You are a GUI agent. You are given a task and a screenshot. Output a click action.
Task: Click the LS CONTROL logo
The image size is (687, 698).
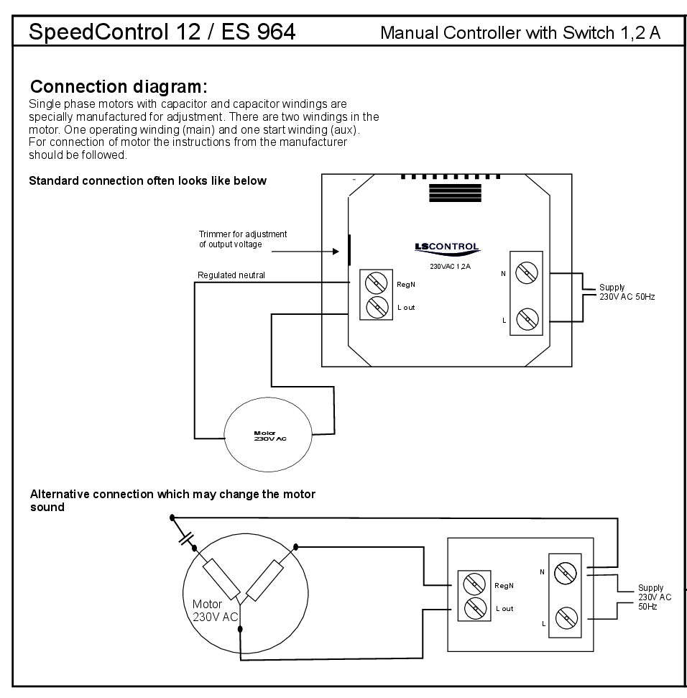[446, 247]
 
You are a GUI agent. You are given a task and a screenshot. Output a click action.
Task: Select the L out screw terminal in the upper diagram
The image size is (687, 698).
[377, 307]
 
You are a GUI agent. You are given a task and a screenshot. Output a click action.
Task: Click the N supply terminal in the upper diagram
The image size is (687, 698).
[528, 271]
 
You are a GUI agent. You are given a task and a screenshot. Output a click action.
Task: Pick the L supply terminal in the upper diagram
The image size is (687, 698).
[528, 317]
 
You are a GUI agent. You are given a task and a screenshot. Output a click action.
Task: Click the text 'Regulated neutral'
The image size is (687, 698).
[231, 275]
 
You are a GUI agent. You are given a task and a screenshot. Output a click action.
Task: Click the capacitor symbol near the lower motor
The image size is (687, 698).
[187, 538]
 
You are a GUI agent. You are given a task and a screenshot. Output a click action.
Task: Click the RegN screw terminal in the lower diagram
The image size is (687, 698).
[474, 583]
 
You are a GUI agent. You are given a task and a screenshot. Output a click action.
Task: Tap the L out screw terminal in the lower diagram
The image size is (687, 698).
[474, 608]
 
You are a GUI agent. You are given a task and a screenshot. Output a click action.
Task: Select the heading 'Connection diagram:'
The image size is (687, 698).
[119, 87]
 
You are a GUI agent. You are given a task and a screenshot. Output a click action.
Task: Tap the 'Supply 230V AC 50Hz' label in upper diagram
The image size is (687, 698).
[627, 292]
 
